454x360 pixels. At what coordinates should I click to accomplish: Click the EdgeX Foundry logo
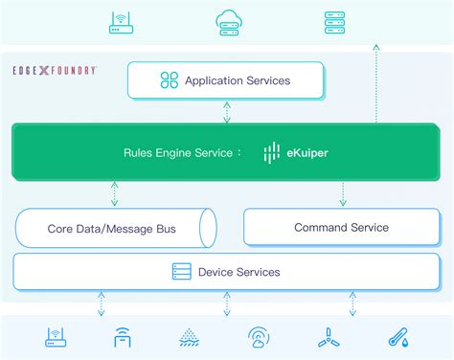55,70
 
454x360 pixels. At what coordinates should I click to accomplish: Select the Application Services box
227,81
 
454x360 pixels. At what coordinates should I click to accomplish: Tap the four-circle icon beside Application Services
170,80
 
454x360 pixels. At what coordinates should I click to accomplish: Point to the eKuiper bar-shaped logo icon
272,151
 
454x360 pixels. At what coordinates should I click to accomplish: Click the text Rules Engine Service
178,152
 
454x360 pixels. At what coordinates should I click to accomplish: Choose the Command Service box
341,227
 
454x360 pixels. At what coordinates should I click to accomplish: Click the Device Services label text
238,272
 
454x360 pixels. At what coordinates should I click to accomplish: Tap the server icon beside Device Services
182,272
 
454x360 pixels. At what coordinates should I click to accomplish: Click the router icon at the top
122,23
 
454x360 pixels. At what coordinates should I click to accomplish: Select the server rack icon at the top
334,22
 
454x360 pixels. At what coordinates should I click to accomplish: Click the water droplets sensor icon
190,337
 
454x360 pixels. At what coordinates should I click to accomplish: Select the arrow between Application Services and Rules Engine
227,111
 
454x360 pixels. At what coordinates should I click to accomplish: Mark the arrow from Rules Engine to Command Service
342,194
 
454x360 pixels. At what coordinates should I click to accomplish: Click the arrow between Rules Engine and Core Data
114,194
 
